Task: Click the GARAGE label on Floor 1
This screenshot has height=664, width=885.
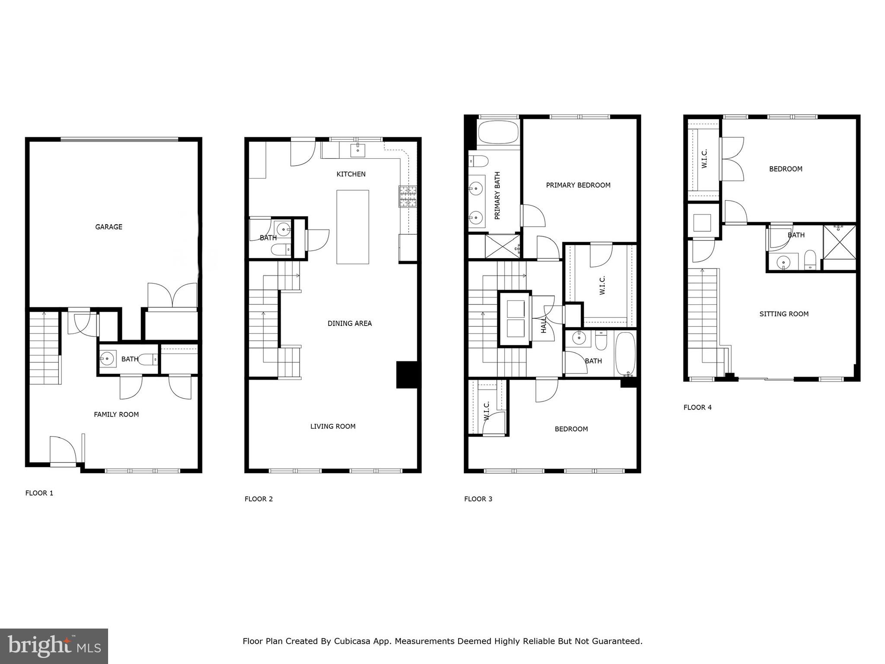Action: pos(109,227)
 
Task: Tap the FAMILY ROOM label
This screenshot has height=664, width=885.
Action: pos(116,415)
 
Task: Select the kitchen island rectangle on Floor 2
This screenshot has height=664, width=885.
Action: pos(352,227)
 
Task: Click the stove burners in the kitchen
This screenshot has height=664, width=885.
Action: pos(408,196)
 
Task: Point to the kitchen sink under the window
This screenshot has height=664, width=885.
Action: pos(358,150)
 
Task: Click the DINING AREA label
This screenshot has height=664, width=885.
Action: pos(349,323)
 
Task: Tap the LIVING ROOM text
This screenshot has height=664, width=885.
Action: pos(332,426)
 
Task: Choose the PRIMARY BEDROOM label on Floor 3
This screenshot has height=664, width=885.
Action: pos(578,185)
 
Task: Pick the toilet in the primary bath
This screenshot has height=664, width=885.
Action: pos(479,161)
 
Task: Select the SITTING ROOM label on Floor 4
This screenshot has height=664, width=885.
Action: pos(783,314)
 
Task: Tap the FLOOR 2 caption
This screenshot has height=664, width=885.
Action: pos(259,499)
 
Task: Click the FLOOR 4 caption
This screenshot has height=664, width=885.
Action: pos(697,407)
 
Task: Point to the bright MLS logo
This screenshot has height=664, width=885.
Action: pos(54,646)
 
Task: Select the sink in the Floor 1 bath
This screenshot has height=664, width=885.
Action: pos(107,358)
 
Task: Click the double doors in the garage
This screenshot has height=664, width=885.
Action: pos(173,296)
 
